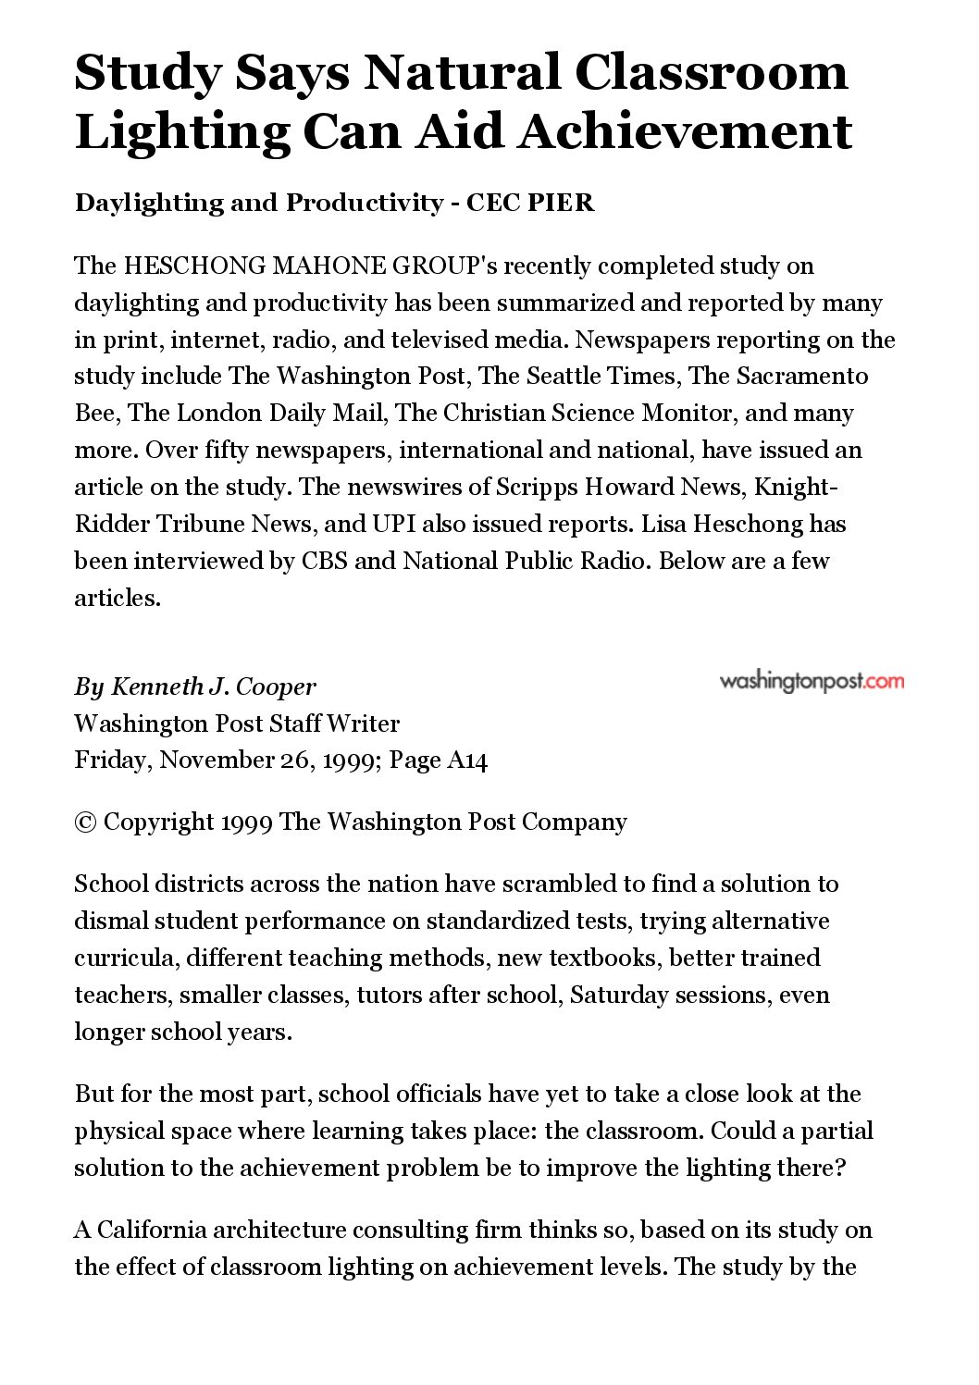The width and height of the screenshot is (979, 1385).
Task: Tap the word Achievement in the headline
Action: click(684, 131)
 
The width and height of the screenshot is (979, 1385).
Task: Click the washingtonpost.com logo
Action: click(812, 682)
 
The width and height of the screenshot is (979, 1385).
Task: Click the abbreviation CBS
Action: click(324, 562)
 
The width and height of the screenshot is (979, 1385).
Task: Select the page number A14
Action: click(466, 761)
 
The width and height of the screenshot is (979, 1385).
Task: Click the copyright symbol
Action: click(85, 822)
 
